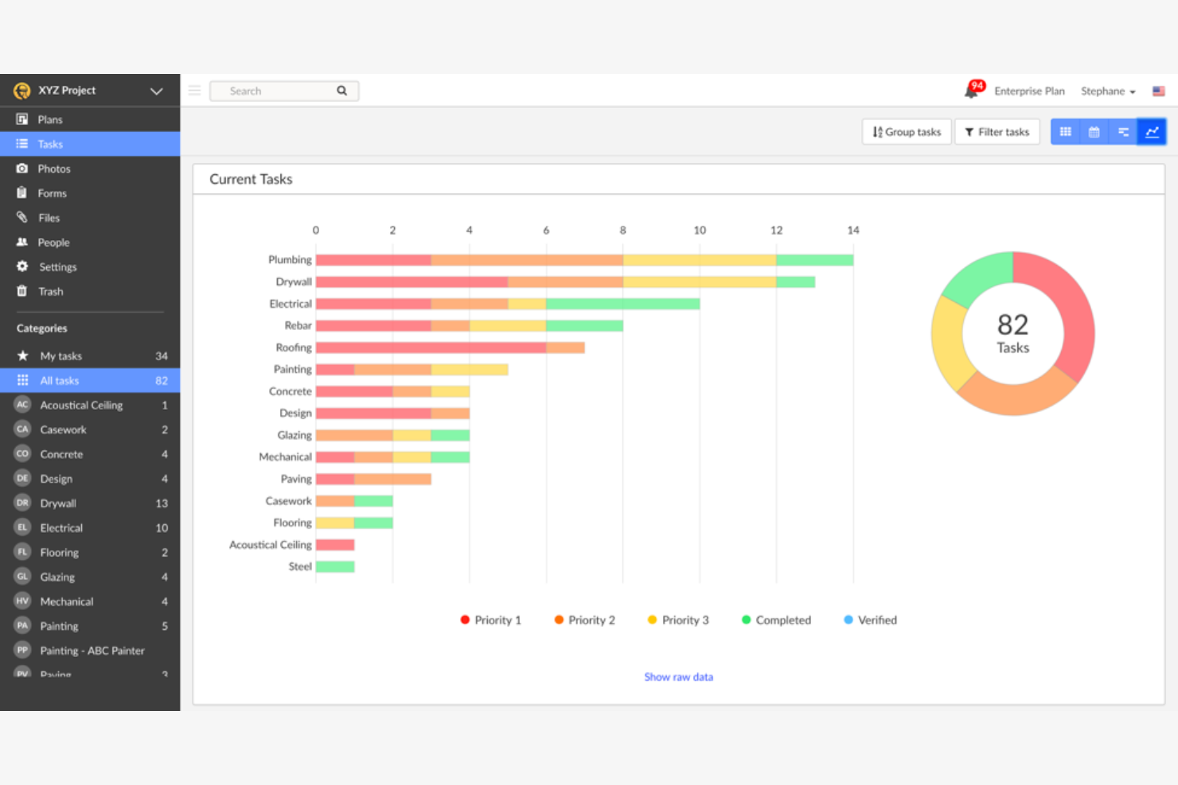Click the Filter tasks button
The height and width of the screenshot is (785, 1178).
997,132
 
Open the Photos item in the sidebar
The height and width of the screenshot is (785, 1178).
53,169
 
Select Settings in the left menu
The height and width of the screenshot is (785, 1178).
57,267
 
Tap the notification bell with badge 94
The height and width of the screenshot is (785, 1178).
972,91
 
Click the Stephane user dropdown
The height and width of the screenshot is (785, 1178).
1107,91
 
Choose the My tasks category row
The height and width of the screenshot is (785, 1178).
89,356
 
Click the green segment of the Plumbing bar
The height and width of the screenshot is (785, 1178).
814,260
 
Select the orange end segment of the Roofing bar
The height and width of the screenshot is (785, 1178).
565,348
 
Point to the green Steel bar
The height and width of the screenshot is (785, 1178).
335,567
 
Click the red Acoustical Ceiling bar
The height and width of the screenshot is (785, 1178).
335,545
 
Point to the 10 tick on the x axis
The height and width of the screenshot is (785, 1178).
700,231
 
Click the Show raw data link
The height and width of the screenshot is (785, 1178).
678,677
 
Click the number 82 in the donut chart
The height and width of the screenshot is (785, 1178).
1012,324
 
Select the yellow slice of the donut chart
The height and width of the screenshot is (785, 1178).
948,342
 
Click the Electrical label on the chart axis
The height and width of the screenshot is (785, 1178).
291,304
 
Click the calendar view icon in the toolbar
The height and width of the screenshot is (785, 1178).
1094,132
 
